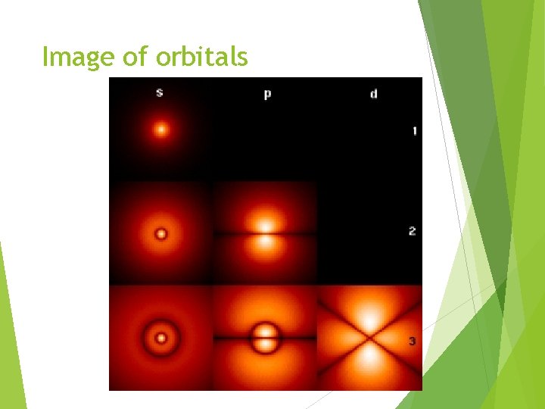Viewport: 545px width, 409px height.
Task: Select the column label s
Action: (x=160, y=93)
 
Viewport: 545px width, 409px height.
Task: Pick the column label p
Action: (x=267, y=95)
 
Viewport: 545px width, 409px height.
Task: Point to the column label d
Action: (x=373, y=95)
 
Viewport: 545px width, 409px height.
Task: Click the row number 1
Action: (x=414, y=132)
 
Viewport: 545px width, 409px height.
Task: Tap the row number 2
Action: (x=412, y=230)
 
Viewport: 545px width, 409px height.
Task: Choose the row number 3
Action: (x=412, y=342)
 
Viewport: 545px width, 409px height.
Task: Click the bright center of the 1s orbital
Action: (x=160, y=130)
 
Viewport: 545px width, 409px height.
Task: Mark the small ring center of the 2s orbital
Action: (x=160, y=233)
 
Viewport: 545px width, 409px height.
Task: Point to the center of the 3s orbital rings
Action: (x=160, y=338)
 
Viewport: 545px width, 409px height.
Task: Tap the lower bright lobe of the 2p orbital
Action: (x=265, y=244)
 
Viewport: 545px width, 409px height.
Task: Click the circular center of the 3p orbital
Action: (x=265, y=338)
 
